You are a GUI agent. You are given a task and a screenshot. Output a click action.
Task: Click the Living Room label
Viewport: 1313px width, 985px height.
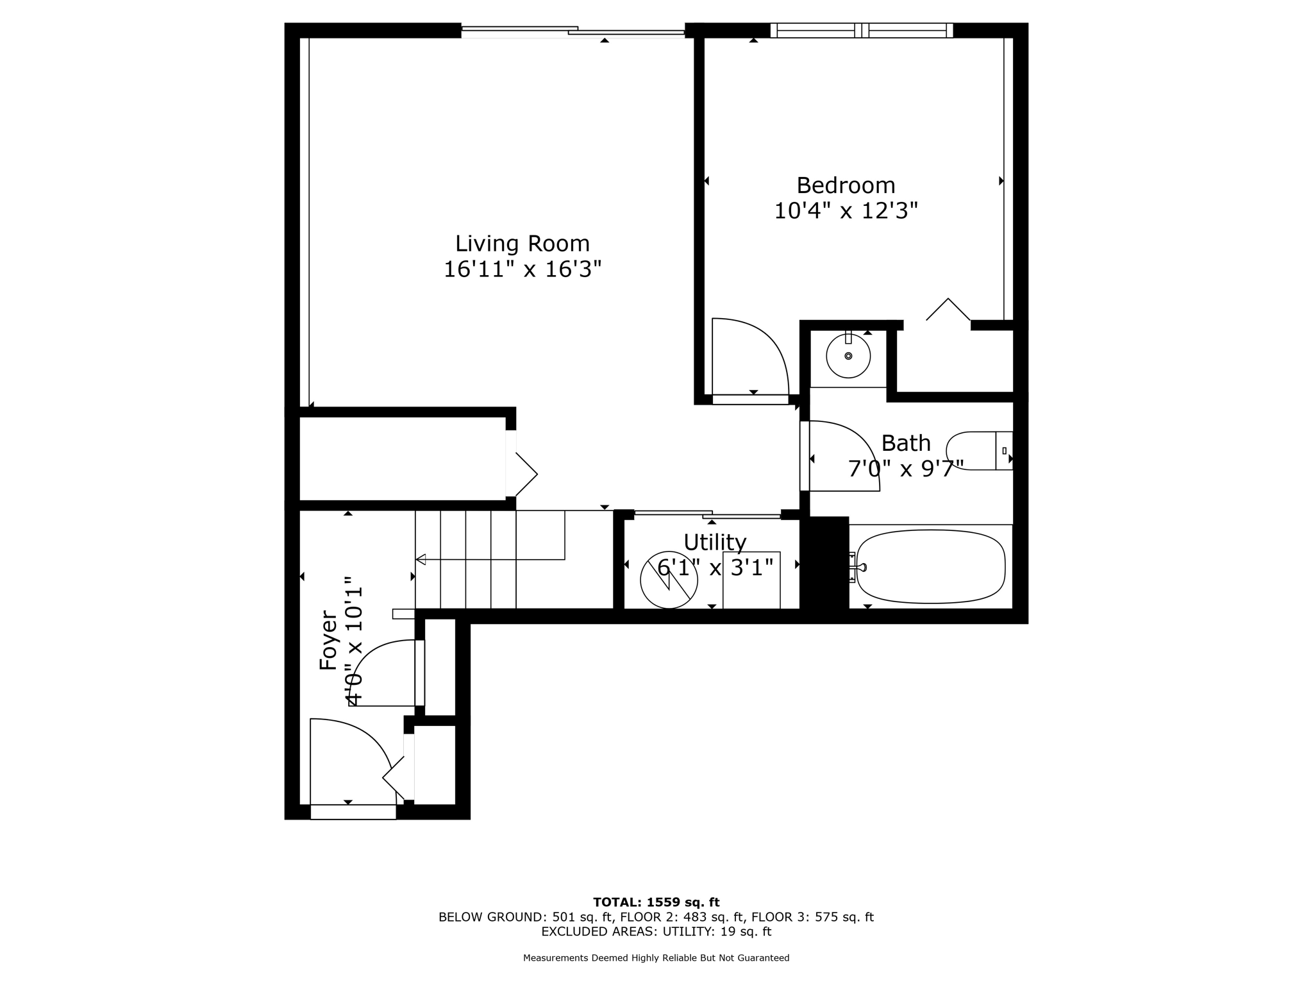(522, 244)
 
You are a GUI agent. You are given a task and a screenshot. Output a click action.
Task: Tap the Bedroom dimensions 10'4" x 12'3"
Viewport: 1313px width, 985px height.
(846, 211)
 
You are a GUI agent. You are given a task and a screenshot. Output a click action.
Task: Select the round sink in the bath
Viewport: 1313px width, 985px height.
(848, 356)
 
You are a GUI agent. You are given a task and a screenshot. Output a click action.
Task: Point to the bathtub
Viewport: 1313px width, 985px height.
(930, 567)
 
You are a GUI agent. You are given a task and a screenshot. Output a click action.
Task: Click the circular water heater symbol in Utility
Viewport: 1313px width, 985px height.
(668, 580)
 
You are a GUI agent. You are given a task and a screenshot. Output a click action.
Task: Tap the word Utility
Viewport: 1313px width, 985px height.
(714, 543)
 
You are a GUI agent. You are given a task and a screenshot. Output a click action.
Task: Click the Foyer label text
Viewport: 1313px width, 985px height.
(328, 640)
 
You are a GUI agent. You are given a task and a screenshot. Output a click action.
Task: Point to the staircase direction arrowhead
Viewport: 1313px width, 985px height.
(421, 560)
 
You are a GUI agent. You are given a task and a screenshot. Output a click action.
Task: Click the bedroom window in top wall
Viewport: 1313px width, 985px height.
(861, 30)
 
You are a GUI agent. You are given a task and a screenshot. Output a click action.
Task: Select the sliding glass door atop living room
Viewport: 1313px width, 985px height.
(573, 30)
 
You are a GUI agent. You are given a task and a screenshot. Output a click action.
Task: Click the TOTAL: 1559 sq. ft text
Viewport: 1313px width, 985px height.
(656, 902)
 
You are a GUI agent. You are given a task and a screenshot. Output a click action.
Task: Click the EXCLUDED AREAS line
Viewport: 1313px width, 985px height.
(656, 932)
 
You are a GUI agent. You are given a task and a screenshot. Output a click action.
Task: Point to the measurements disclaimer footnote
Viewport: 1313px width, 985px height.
(656, 958)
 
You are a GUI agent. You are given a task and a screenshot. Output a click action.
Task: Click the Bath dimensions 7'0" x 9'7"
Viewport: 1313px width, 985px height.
(905, 469)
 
